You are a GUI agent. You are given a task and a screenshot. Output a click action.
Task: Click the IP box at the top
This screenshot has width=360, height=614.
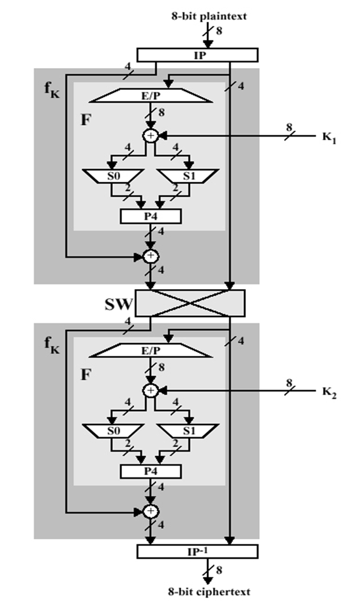point(197,55)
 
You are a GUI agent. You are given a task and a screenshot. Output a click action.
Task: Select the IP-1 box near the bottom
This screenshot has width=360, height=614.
point(197,551)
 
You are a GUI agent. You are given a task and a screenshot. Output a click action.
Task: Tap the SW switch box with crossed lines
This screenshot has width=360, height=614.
point(189,302)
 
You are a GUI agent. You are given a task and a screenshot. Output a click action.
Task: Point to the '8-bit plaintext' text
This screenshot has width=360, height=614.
point(208,16)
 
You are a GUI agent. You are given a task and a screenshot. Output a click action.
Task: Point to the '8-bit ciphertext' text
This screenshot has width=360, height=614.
point(208,591)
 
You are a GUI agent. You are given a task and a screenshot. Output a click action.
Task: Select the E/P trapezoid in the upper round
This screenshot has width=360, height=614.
point(149,96)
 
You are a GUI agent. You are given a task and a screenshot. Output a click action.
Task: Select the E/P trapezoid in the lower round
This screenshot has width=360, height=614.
point(149,350)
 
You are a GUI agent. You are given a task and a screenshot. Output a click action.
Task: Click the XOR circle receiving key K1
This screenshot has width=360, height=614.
point(149,135)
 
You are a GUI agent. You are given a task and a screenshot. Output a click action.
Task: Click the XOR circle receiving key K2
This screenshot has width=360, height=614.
point(149,389)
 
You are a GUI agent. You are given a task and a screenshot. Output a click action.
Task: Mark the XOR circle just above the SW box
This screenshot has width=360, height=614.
point(149,256)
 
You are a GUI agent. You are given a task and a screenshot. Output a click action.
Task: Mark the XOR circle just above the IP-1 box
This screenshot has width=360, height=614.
point(149,511)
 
